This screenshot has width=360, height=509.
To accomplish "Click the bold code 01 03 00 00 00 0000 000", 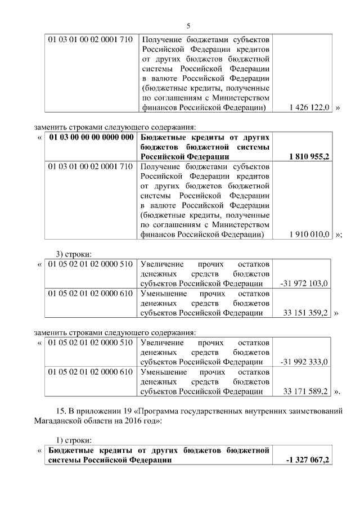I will pos(91,137).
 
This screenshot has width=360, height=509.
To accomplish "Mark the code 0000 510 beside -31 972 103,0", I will pos(115,264).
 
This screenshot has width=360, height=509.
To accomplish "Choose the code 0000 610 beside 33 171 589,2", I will pos(115,371).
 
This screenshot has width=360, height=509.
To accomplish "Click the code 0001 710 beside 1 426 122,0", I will pos(115,40).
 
